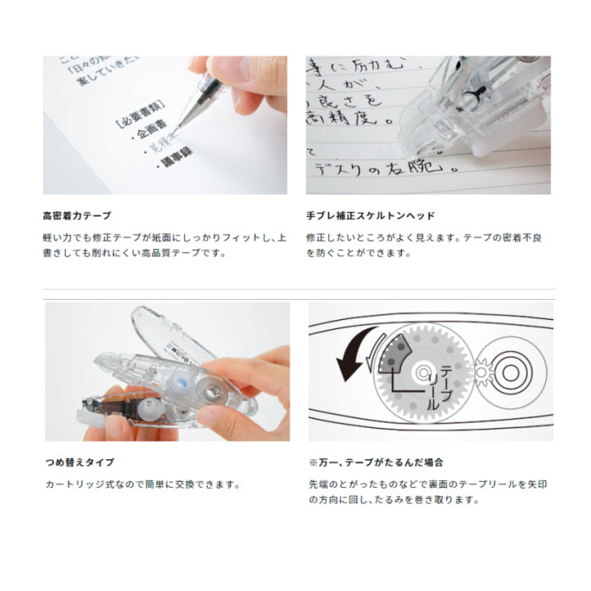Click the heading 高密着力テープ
click(77, 216)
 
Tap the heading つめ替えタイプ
click(79, 463)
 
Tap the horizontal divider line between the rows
click(295, 290)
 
